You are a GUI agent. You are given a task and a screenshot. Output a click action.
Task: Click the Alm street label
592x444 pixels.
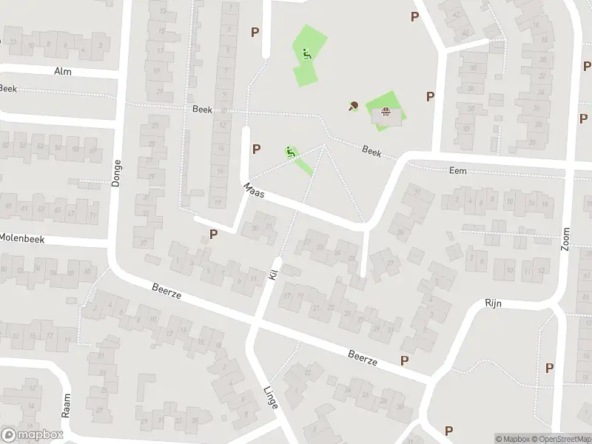click(x=62, y=71)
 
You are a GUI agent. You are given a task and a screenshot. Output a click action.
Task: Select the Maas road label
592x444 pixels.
click(x=255, y=191)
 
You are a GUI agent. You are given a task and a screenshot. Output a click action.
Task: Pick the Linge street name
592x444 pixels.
click(x=270, y=399)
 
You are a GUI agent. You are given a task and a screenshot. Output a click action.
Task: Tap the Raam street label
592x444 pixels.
click(x=66, y=406)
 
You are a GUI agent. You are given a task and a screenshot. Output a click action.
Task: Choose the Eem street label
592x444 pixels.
click(x=458, y=170)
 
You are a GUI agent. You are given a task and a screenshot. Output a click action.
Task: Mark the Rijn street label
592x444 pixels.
click(x=494, y=303)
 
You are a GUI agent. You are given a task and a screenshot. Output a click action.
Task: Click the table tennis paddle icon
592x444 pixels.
click(x=353, y=106)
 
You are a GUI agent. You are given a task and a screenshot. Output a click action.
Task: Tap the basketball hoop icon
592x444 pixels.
click(x=385, y=112)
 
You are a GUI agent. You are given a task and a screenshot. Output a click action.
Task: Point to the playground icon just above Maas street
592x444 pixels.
click(x=291, y=152)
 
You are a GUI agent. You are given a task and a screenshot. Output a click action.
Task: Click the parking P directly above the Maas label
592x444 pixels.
click(x=256, y=148)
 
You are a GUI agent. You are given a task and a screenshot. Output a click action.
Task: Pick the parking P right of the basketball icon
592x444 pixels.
click(x=430, y=96)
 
